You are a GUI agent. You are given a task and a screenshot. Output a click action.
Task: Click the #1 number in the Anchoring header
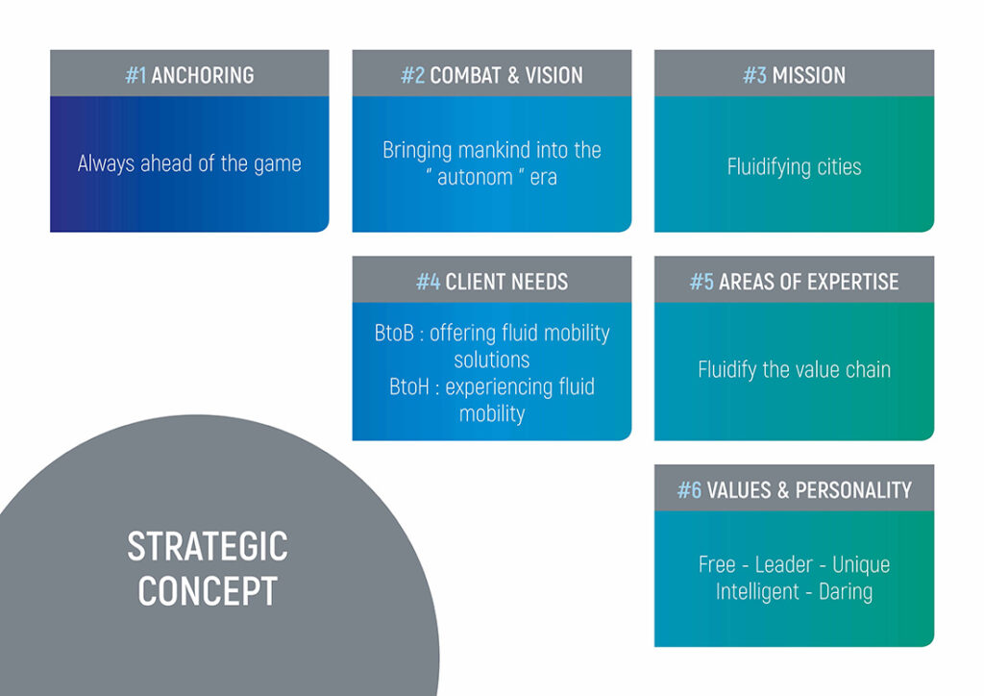(x=135, y=75)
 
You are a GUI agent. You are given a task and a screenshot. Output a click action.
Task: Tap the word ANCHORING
(x=203, y=75)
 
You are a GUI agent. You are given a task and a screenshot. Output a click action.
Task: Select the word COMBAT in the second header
(x=465, y=75)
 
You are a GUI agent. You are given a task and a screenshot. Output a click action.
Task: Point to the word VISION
(x=554, y=75)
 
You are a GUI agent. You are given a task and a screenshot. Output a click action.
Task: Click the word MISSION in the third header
(x=808, y=75)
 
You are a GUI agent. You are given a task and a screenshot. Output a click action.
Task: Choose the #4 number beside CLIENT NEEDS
(x=428, y=282)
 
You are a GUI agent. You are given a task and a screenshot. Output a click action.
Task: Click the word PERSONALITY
(x=853, y=490)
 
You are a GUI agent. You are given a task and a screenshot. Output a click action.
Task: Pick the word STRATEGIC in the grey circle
(x=208, y=546)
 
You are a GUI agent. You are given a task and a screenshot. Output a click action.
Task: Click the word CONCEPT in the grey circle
(x=208, y=591)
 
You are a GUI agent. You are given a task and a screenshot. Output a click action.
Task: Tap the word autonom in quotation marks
(x=475, y=177)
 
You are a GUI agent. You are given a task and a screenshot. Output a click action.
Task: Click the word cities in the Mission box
(x=839, y=167)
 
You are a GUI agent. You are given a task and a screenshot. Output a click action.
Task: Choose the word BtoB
(x=394, y=333)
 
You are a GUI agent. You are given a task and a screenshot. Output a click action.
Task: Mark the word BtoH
(x=409, y=386)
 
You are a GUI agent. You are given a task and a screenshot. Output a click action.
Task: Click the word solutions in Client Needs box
(x=492, y=360)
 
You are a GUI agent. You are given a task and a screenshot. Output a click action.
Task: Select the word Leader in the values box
(x=784, y=564)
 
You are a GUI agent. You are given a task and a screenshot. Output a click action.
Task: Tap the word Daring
(x=846, y=592)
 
